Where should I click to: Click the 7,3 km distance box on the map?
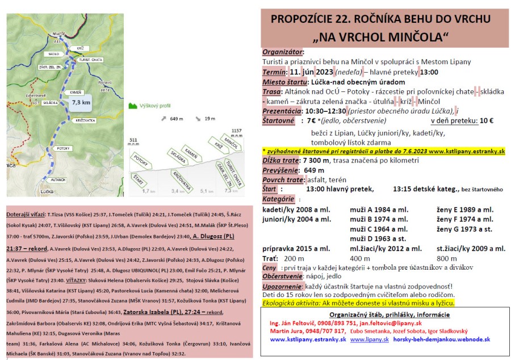(x=81, y=103)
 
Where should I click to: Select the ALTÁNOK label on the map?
(x=58, y=179)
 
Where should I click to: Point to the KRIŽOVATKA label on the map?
(x=85, y=120)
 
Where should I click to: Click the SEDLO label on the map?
(x=54, y=54)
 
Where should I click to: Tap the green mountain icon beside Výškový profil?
(x=133, y=105)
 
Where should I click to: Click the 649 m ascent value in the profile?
(x=176, y=119)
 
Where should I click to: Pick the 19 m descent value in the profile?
(x=210, y=119)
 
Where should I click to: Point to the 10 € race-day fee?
(x=487, y=120)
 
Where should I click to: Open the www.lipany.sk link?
(x=369, y=339)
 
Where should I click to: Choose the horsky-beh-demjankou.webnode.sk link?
(x=442, y=339)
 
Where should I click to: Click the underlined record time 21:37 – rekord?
(x=27, y=248)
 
